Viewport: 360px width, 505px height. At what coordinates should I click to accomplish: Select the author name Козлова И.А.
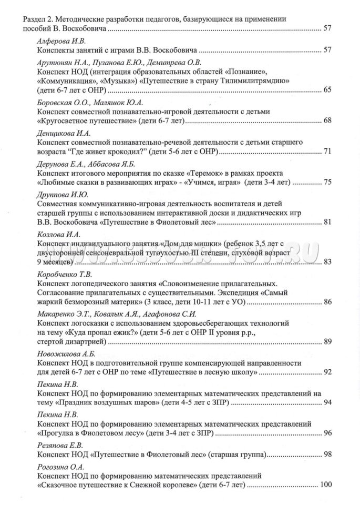58,234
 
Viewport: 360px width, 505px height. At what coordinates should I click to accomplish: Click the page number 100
325,484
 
